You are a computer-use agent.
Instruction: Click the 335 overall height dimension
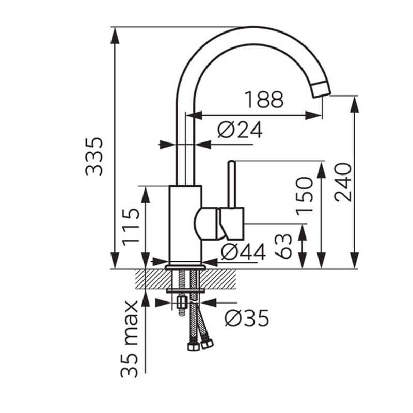pyautogui.click(x=94, y=156)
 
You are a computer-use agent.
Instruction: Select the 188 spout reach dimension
pyautogui.click(x=264, y=100)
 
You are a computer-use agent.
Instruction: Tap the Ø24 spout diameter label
pyautogui.click(x=240, y=130)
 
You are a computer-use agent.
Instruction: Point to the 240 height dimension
pyautogui.click(x=343, y=182)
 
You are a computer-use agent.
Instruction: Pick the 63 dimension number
pyautogui.click(x=283, y=246)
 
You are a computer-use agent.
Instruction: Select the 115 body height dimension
pyautogui.click(x=131, y=227)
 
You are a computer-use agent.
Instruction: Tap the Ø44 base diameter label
pyautogui.click(x=243, y=252)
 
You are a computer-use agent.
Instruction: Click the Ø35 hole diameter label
pyautogui.click(x=247, y=318)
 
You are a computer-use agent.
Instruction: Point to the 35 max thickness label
pyautogui.click(x=129, y=339)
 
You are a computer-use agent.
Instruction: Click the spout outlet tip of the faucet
pyautogui.click(x=321, y=89)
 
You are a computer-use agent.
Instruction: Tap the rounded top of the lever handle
pyautogui.click(x=232, y=163)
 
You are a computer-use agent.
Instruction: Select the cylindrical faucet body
pyautogui.click(x=185, y=224)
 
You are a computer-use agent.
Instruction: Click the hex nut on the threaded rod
pyautogui.click(x=182, y=302)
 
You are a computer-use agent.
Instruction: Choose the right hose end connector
pyautogui.click(x=207, y=343)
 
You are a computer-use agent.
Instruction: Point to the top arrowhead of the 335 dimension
pyautogui.click(x=115, y=36)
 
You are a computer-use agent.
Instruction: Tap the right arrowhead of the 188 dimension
pyautogui.click(x=313, y=115)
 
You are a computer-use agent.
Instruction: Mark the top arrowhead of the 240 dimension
pyautogui.click(x=355, y=104)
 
